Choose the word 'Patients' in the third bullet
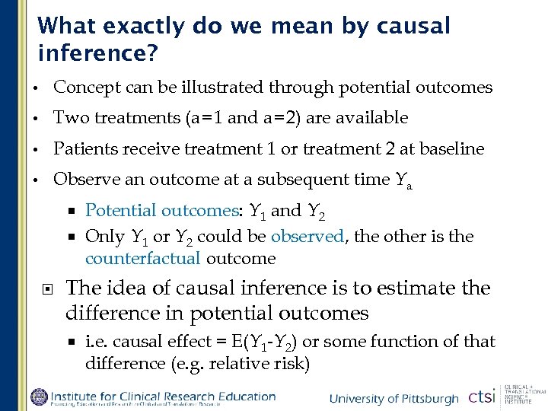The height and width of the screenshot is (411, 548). [x=84, y=148]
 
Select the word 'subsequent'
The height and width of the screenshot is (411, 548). [x=295, y=180]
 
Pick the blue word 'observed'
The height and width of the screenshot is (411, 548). [x=307, y=237]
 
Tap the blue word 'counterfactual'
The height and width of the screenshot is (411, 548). [x=142, y=259]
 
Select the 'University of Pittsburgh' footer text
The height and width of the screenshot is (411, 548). [x=393, y=399]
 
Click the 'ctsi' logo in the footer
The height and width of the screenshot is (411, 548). [x=481, y=397]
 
